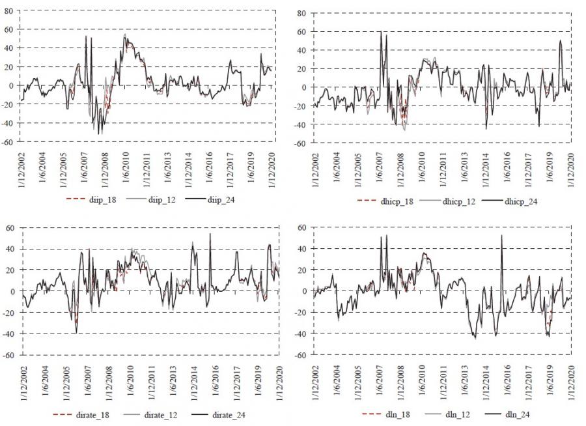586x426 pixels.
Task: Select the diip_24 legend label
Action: [x=221, y=199]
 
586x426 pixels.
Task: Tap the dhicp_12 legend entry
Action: [x=457, y=201]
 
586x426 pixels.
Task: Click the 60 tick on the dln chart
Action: [x=301, y=227]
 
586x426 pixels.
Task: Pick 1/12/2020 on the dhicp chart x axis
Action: [x=572, y=168]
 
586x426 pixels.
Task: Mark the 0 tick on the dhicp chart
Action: [x=304, y=87]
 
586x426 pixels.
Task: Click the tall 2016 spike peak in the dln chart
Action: [x=502, y=236]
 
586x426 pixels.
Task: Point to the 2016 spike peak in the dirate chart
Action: [x=210, y=234]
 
